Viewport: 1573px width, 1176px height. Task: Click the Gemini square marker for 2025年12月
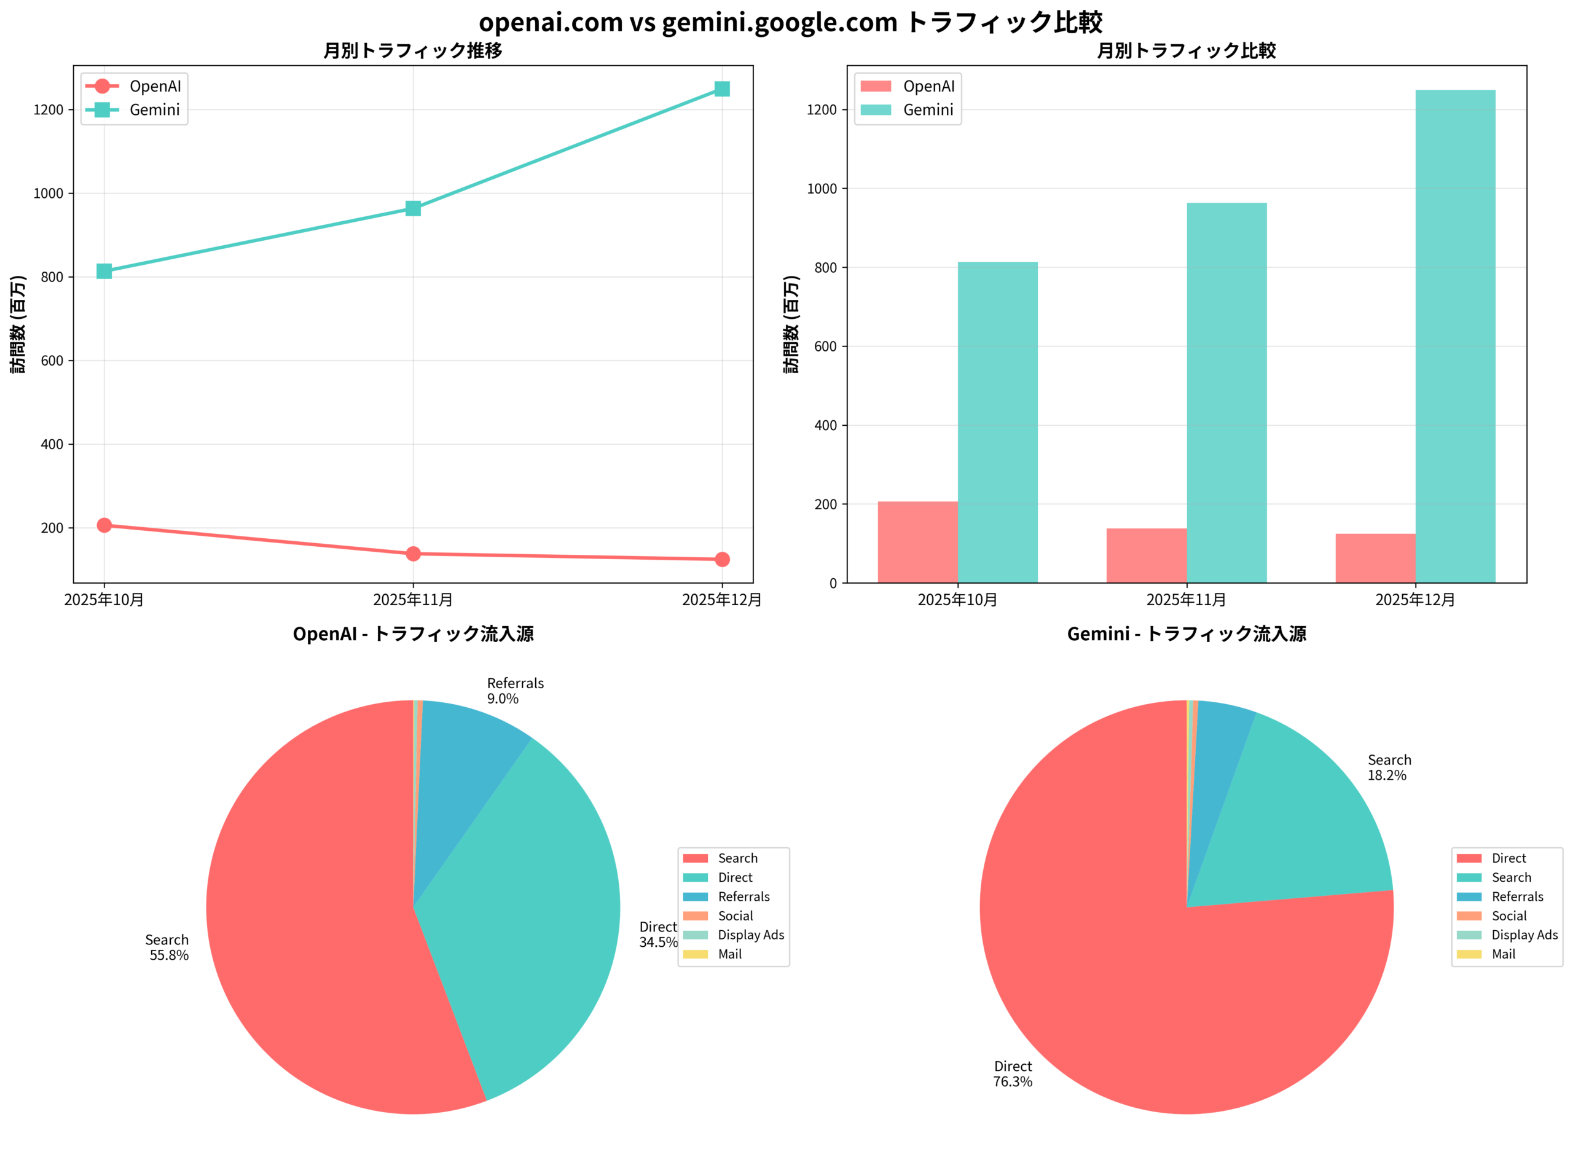click(x=722, y=89)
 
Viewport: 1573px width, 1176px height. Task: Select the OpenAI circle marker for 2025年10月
click(x=104, y=525)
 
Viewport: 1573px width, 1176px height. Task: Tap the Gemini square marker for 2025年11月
click(x=413, y=208)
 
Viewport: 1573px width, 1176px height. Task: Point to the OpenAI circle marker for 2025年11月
click(x=413, y=554)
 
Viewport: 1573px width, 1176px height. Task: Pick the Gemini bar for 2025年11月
click(x=1226, y=393)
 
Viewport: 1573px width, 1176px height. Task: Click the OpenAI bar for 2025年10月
click(x=917, y=542)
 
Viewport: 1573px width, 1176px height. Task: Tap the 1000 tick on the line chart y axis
click(x=49, y=194)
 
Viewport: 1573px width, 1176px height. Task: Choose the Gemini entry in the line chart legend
click(x=154, y=110)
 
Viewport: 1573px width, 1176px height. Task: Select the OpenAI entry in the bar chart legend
click(x=928, y=87)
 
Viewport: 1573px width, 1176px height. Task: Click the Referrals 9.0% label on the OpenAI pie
click(x=515, y=691)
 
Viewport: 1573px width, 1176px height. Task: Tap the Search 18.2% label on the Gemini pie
click(x=1389, y=768)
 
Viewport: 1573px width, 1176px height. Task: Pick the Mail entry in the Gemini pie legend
click(x=1504, y=955)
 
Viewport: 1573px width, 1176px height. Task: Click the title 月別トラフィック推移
click(x=412, y=50)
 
